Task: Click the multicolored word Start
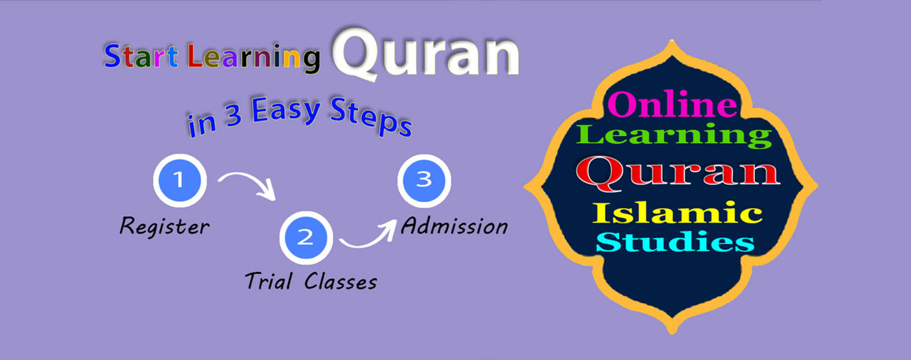[x=141, y=55]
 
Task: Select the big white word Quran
[x=426, y=53]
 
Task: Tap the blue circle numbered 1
[x=180, y=181]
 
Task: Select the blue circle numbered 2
[x=306, y=238]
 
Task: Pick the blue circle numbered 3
[x=424, y=181]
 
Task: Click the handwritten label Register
[x=165, y=226]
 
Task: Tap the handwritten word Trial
[x=269, y=281]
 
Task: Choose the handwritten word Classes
[x=341, y=281]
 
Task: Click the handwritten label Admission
[x=454, y=225]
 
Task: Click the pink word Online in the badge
[x=672, y=104]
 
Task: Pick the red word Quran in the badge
[x=678, y=173]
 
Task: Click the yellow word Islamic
[x=677, y=213]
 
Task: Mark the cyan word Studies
[x=675, y=242]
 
